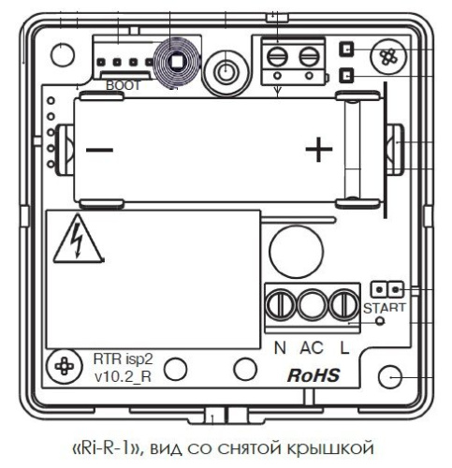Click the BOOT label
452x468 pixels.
[x=124, y=85]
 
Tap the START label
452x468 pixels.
[x=385, y=308]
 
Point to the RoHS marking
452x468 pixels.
[x=313, y=375]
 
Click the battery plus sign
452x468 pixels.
[x=318, y=150]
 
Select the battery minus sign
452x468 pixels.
[x=99, y=151]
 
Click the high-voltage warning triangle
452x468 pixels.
[x=78, y=240]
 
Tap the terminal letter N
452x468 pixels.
[x=280, y=348]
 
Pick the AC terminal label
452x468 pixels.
[x=312, y=348]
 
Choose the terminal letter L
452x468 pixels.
[x=344, y=348]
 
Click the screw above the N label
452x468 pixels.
[x=281, y=305]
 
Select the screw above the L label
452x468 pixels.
[x=344, y=305]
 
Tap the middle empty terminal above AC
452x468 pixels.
[x=313, y=305]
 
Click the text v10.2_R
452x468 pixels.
[x=123, y=376]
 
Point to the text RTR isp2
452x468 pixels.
[x=124, y=359]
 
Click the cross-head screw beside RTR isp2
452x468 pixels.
[x=65, y=366]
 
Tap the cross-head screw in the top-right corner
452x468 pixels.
[x=388, y=56]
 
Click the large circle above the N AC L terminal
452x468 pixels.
[x=296, y=252]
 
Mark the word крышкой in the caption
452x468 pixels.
[x=329, y=448]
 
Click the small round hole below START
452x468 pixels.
[x=380, y=321]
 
